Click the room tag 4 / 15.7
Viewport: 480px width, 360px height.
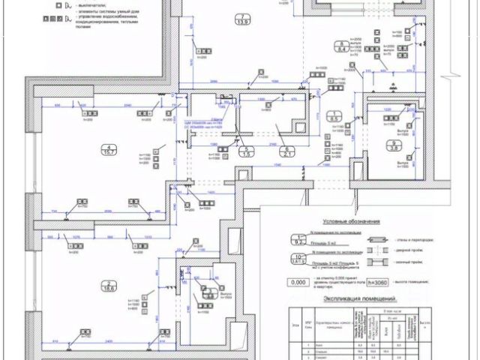[111, 150]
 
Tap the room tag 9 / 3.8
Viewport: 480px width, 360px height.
[392, 146]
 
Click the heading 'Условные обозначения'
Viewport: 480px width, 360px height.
[351, 222]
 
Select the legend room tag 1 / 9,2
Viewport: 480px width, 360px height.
[298, 240]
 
